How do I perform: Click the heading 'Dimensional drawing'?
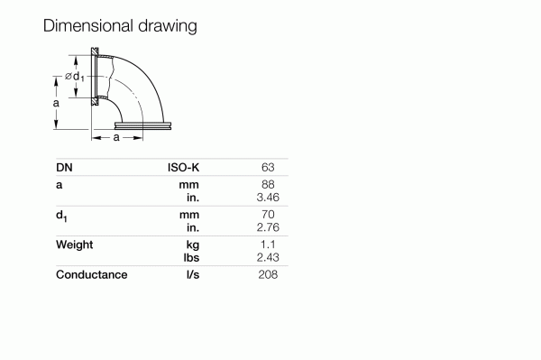[120, 26]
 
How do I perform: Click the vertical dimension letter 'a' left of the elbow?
[56, 104]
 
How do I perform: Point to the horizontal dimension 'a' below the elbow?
[116, 137]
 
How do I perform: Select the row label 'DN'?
[64, 167]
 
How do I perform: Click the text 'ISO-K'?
[183, 167]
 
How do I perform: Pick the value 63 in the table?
[267, 167]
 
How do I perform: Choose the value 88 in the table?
[267, 184]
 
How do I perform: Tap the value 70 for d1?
[267, 215]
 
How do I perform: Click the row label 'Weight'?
[75, 245]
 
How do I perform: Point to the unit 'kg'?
[191, 245]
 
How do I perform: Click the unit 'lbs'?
[190, 257]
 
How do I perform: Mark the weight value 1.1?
[268, 245]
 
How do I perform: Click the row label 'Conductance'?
[91, 274]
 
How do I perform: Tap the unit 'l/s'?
[192, 274]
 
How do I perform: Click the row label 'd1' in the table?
[62, 216]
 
